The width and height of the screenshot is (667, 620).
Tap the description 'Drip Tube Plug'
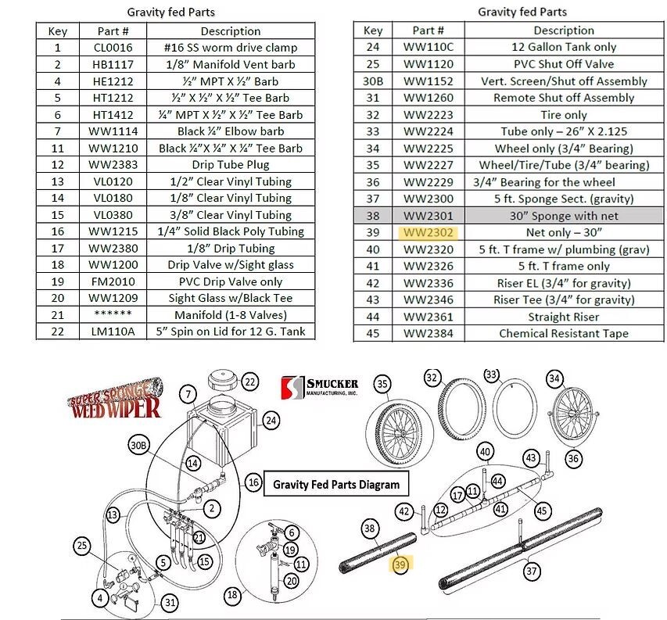tap(230, 165)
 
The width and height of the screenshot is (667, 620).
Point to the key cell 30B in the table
tap(373, 81)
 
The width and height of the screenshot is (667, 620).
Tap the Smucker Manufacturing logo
tap(320, 387)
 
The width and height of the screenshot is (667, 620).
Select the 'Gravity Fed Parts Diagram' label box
tap(335, 484)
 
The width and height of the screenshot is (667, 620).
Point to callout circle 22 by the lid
tap(249, 382)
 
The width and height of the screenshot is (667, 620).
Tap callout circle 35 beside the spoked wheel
tap(382, 384)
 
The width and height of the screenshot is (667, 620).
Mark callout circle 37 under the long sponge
tap(532, 572)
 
